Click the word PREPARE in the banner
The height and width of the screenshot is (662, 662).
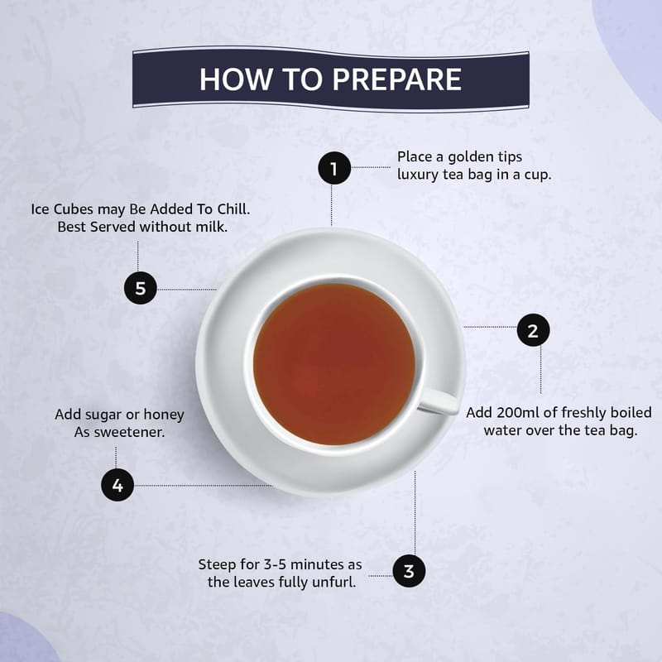[x=397, y=79]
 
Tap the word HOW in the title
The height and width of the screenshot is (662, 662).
[x=236, y=79]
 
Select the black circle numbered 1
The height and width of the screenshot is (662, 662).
[x=334, y=168]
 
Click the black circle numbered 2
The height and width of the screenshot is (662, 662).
[x=533, y=329]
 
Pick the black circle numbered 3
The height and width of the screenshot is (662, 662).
[x=409, y=571]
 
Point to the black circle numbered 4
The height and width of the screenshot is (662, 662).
[x=118, y=485]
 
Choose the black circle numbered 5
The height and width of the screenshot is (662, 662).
[x=141, y=288]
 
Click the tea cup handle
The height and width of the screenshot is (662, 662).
[x=439, y=401]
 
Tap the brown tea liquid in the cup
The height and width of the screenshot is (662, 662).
[x=334, y=364]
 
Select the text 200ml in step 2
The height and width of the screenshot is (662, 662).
[x=518, y=412]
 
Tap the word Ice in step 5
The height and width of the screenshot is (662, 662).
[x=40, y=209]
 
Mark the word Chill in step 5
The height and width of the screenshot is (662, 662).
[x=233, y=209]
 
